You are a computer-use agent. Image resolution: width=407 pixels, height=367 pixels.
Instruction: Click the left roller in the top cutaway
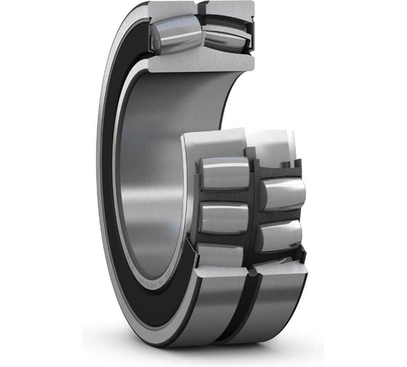click(x=174, y=34)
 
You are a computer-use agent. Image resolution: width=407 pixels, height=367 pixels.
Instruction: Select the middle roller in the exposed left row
click(x=225, y=217)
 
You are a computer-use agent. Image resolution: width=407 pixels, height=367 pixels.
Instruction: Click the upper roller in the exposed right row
click(x=283, y=192)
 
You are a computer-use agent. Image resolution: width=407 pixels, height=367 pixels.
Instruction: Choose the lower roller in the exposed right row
click(x=280, y=234)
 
